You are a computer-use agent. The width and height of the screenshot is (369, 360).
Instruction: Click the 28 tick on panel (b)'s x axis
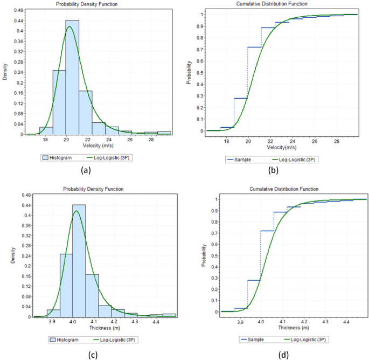[337, 142]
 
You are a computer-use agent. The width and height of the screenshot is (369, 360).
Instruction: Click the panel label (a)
[85, 170]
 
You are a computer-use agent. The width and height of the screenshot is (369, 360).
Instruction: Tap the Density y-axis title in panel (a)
[5, 72]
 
